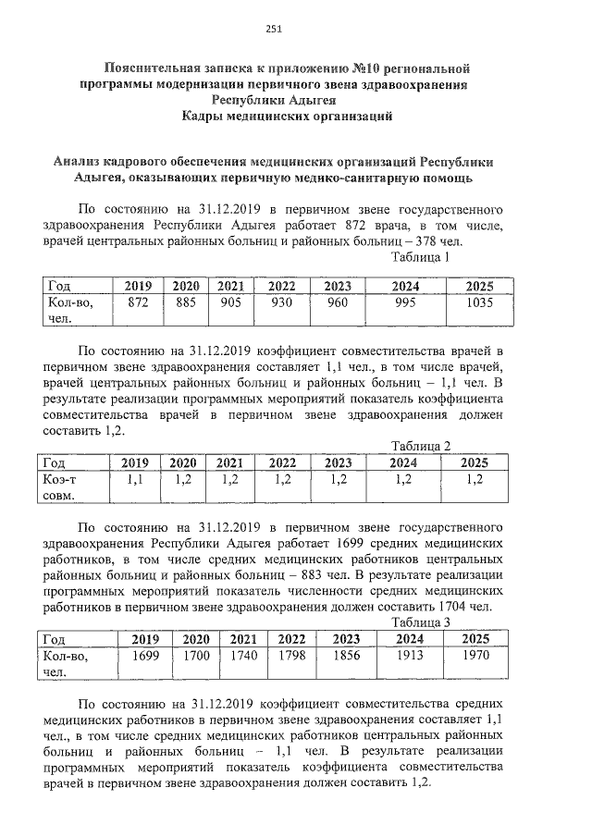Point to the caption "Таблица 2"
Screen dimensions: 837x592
[x=419, y=446]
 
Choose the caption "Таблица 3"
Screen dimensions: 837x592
[x=419, y=622]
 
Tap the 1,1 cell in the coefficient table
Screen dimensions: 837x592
[x=135, y=479]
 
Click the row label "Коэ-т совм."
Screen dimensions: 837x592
[x=62, y=486]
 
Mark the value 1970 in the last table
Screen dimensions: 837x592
[x=475, y=656]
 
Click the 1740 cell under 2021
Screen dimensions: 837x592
[x=242, y=656]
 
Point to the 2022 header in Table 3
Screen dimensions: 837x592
[x=291, y=638]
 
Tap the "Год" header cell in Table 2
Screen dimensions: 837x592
[x=57, y=462]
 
